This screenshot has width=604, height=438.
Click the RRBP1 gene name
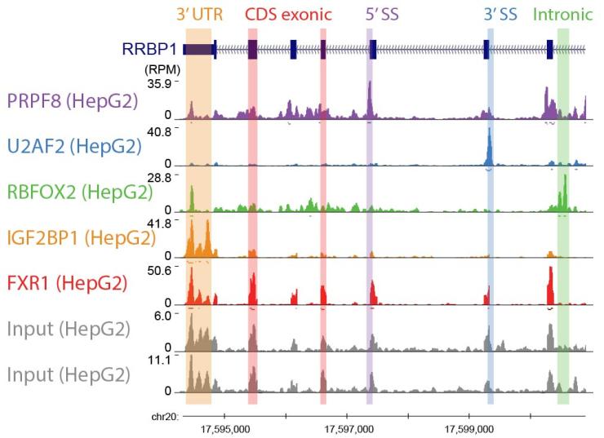pos(150,50)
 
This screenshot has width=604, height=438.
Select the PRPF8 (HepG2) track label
pos(72,101)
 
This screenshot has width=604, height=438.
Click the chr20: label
pos(167,418)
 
